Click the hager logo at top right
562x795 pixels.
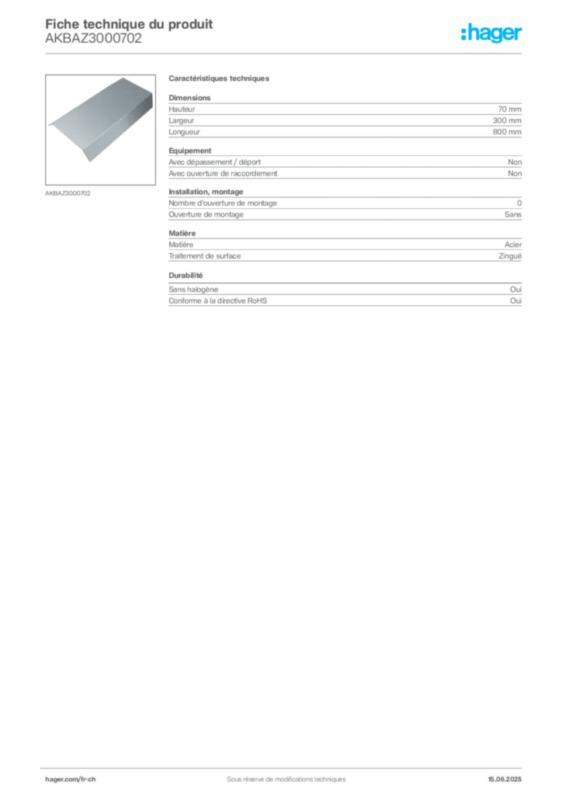coord(491,33)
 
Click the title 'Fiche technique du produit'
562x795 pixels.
coord(129,24)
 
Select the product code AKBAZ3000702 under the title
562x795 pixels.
coord(93,38)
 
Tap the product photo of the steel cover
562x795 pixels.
coord(100,130)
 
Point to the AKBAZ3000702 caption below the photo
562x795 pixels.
coord(68,193)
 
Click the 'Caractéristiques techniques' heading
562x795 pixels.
coord(219,78)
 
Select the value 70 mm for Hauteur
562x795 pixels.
coord(509,109)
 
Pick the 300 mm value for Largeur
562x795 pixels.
coord(507,120)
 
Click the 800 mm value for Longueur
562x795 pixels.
coord(507,132)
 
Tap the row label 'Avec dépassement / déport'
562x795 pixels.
coord(214,162)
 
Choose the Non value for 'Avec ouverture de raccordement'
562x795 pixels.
coord(515,173)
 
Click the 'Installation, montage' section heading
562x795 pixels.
coord(206,192)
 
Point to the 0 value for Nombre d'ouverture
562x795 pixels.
coord(519,203)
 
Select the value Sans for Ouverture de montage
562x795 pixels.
coord(513,214)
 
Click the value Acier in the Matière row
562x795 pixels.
coord(513,245)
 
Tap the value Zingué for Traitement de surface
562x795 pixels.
coord(510,256)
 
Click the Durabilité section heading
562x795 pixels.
coord(186,276)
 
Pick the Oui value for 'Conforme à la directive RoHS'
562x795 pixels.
coord(515,300)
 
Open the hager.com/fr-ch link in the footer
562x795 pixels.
coord(71,779)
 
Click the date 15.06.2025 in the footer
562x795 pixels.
coord(505,779)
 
